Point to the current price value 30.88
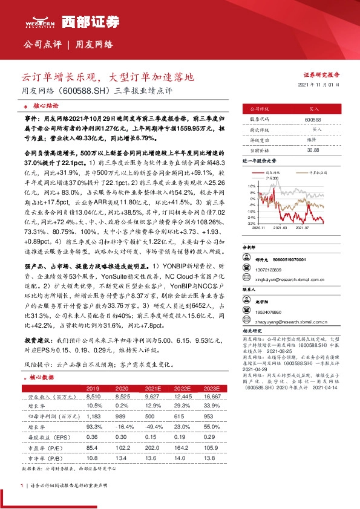pos(313,149)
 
